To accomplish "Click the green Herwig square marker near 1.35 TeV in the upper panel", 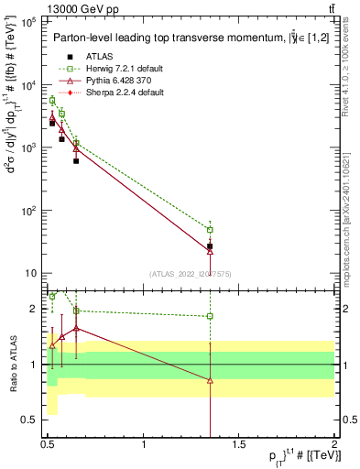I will [x=210, y=229].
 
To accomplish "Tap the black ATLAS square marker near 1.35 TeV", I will [x=210, y=246].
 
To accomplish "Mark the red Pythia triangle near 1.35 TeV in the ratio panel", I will [x=210, y=380].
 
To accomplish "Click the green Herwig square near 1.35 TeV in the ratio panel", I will [x=210, y=316].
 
